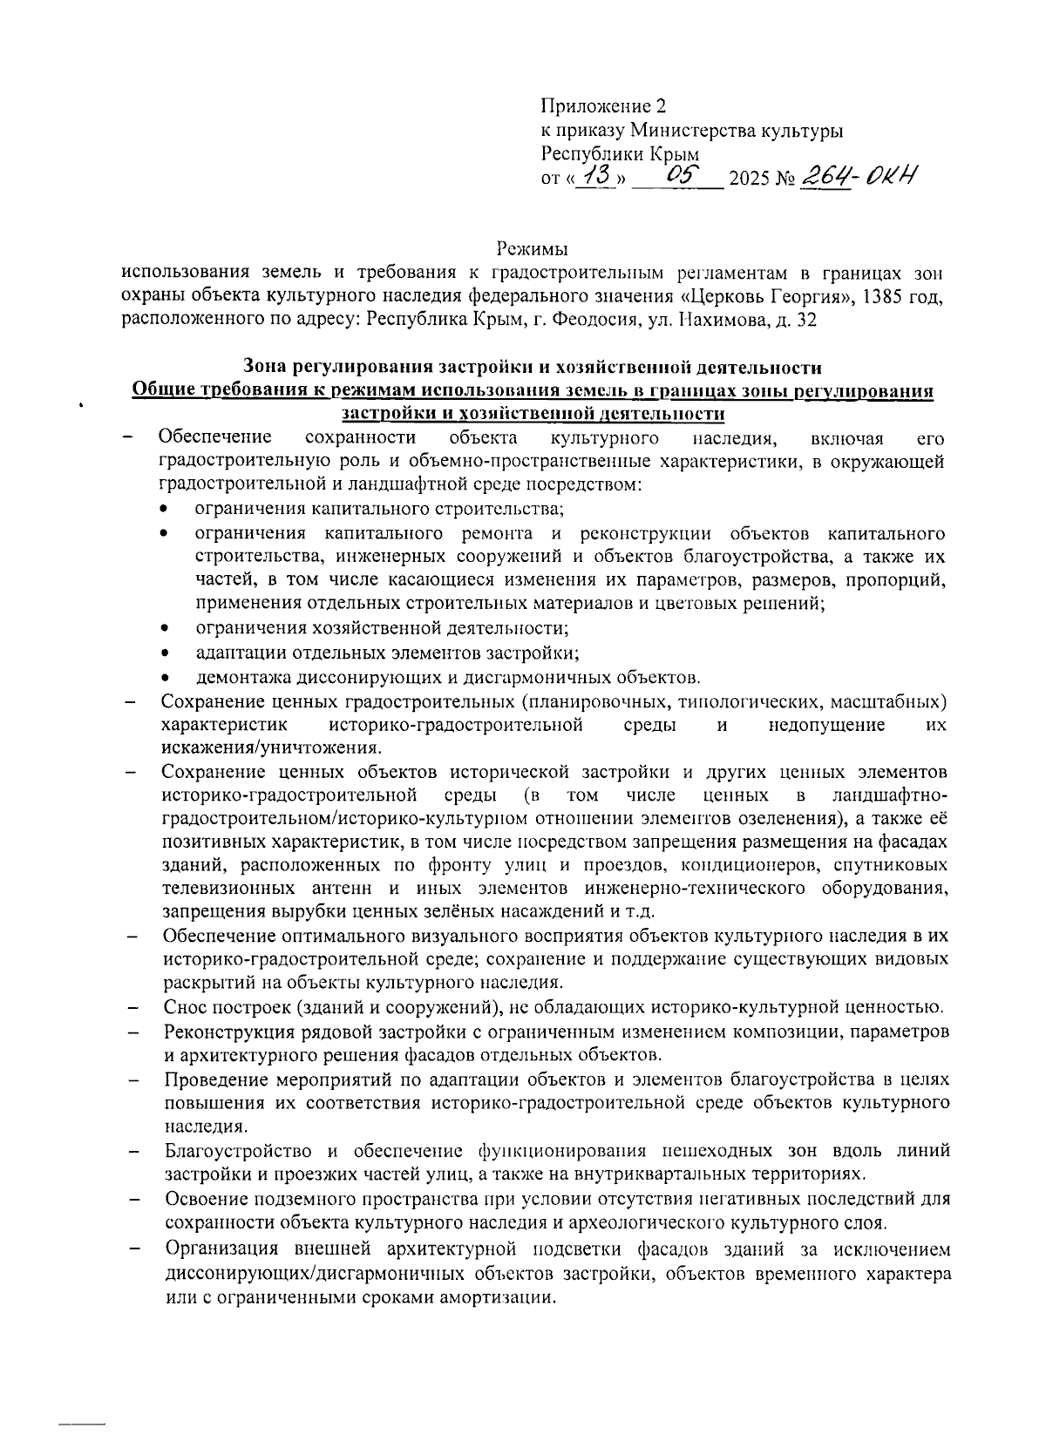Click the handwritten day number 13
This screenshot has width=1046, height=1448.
[x=597, y=176]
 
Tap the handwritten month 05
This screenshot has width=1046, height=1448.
[x=677, y=176]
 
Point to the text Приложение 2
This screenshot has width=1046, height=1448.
[x=603, y=107]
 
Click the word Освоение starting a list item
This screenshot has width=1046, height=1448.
[x=201, y=1199]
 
